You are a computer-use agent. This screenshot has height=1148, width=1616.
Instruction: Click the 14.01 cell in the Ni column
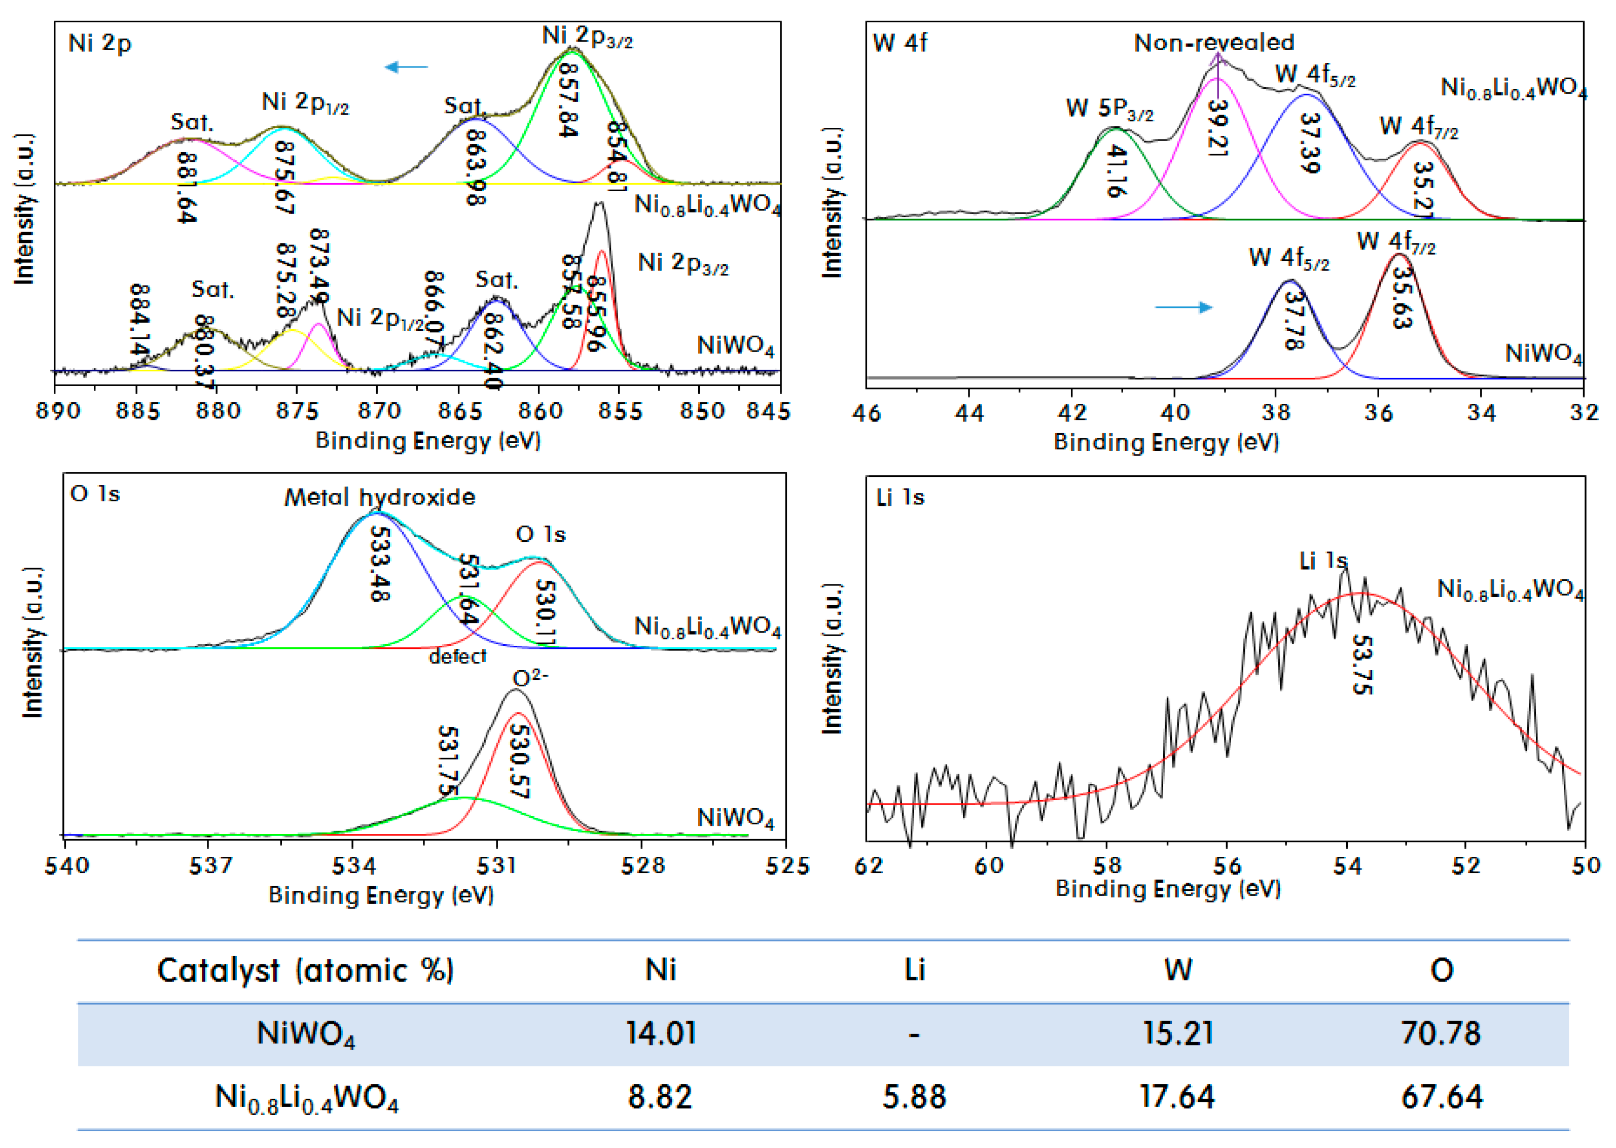[660, 1033]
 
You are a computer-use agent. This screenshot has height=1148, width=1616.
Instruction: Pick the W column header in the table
[1178, 970]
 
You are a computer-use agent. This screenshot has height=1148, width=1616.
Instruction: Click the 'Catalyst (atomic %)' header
[305, 970]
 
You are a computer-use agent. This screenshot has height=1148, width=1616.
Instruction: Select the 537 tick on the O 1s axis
[210, 866]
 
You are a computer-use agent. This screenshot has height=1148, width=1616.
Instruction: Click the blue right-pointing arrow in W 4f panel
[1183, 307]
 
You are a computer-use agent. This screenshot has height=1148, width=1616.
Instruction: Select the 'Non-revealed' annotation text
[1214, 43]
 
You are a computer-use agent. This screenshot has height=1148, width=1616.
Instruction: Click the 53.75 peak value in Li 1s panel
[1361, 665]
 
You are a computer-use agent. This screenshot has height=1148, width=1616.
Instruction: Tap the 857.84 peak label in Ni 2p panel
[568, 100]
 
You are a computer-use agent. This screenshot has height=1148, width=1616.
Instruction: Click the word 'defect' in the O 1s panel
[457, 657]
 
